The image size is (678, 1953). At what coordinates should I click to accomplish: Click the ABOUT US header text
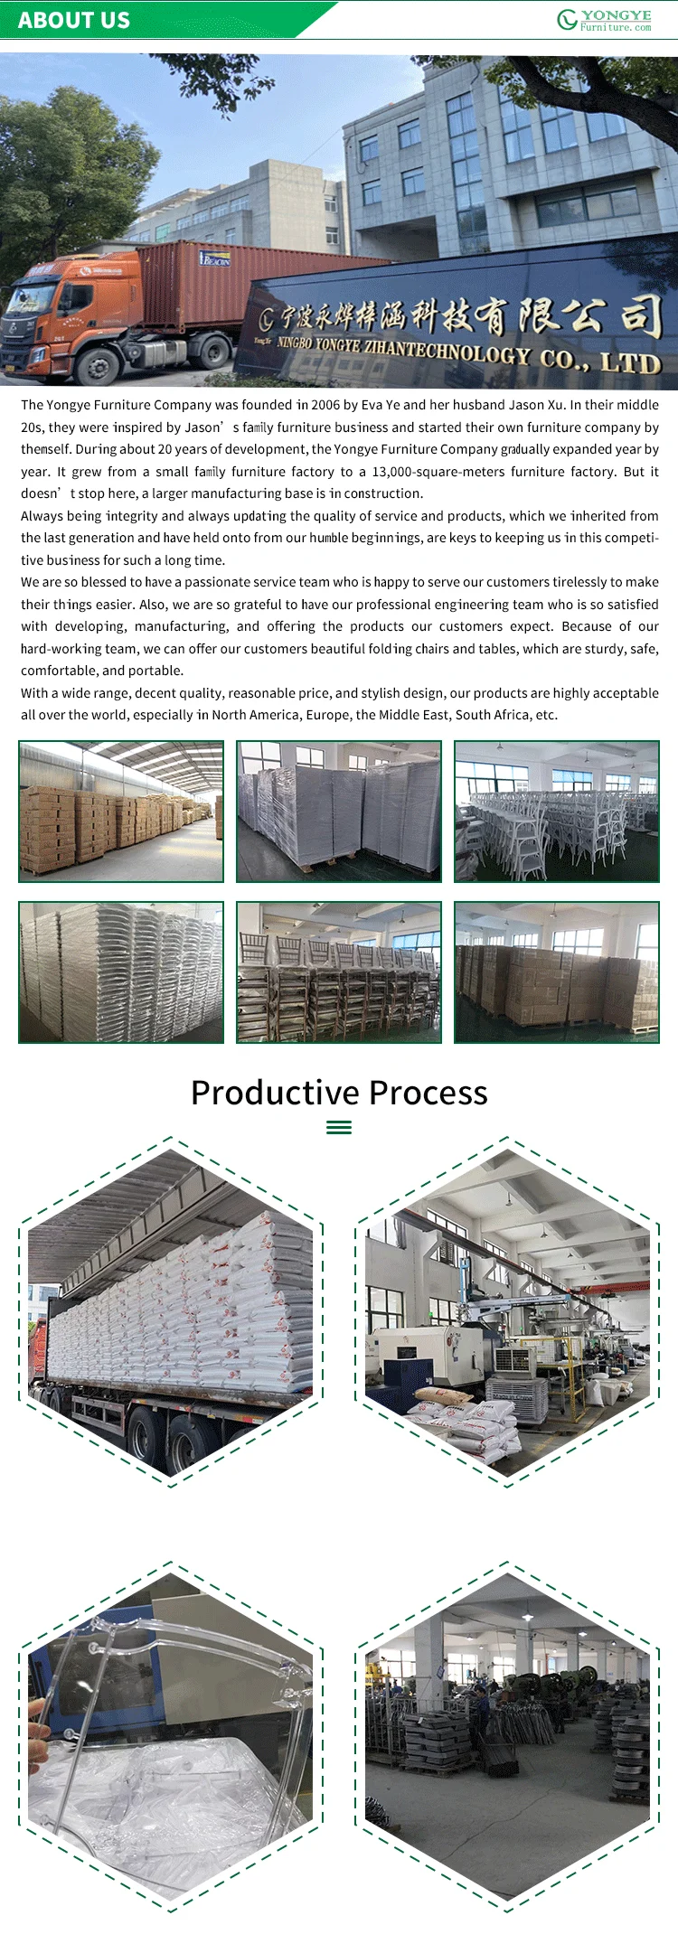[74, 20]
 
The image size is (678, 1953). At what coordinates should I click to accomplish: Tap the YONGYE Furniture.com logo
[605, 20]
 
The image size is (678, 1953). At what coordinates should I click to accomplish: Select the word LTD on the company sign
[631, 363]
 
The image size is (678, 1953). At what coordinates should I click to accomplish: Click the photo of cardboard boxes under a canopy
[121, 811]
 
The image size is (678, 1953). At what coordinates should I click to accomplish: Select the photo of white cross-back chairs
[556, 811]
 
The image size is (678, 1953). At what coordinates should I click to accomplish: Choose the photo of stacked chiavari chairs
[339, 972]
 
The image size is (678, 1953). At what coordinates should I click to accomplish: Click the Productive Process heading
[339, 1093]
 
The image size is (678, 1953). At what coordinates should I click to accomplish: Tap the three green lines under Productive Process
[339, 1127]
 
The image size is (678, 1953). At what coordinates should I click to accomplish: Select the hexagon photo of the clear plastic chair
[171, 1735]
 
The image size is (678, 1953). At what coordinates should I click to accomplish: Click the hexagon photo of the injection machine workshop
[507, 1310]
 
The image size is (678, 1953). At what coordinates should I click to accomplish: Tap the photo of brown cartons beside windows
[556, 972]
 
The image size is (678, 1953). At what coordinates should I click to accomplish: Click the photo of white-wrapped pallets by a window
[339, 811]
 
